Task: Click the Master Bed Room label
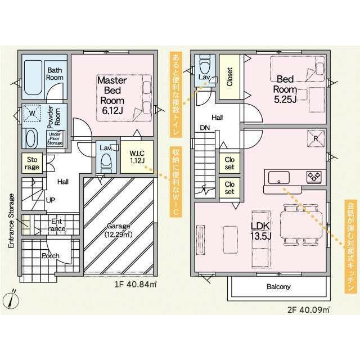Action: (112, 95)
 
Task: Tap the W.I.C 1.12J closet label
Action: (137, 157)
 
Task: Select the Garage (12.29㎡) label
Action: (119, 230)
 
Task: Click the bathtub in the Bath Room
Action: (33, 78)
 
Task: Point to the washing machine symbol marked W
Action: (32, 113)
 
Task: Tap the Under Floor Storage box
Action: (55, 139)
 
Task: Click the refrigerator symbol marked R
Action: (316, 138)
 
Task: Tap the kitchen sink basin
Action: (279, 178)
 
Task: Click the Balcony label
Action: (278, 286)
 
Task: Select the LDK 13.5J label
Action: (261, 231)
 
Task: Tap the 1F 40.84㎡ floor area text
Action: (136, 285)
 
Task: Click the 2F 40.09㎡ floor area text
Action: (308, 310)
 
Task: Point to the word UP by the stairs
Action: (51, 200)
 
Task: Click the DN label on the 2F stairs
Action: (205, 128)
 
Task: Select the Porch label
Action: (51, 256)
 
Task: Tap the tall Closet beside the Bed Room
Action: (229, 77)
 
